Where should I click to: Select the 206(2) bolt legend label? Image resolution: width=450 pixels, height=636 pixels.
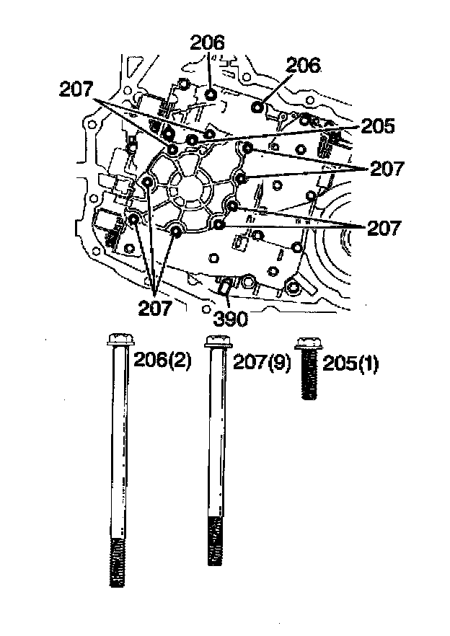click(162, 362)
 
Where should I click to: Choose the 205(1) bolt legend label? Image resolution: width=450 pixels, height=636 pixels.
click(351, 363)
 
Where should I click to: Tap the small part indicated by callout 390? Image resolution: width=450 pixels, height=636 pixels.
click(224, 288)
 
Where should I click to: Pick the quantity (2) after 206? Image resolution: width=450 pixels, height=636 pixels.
click(181, 362)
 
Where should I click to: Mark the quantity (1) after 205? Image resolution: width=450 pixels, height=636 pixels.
click(370, 363)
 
